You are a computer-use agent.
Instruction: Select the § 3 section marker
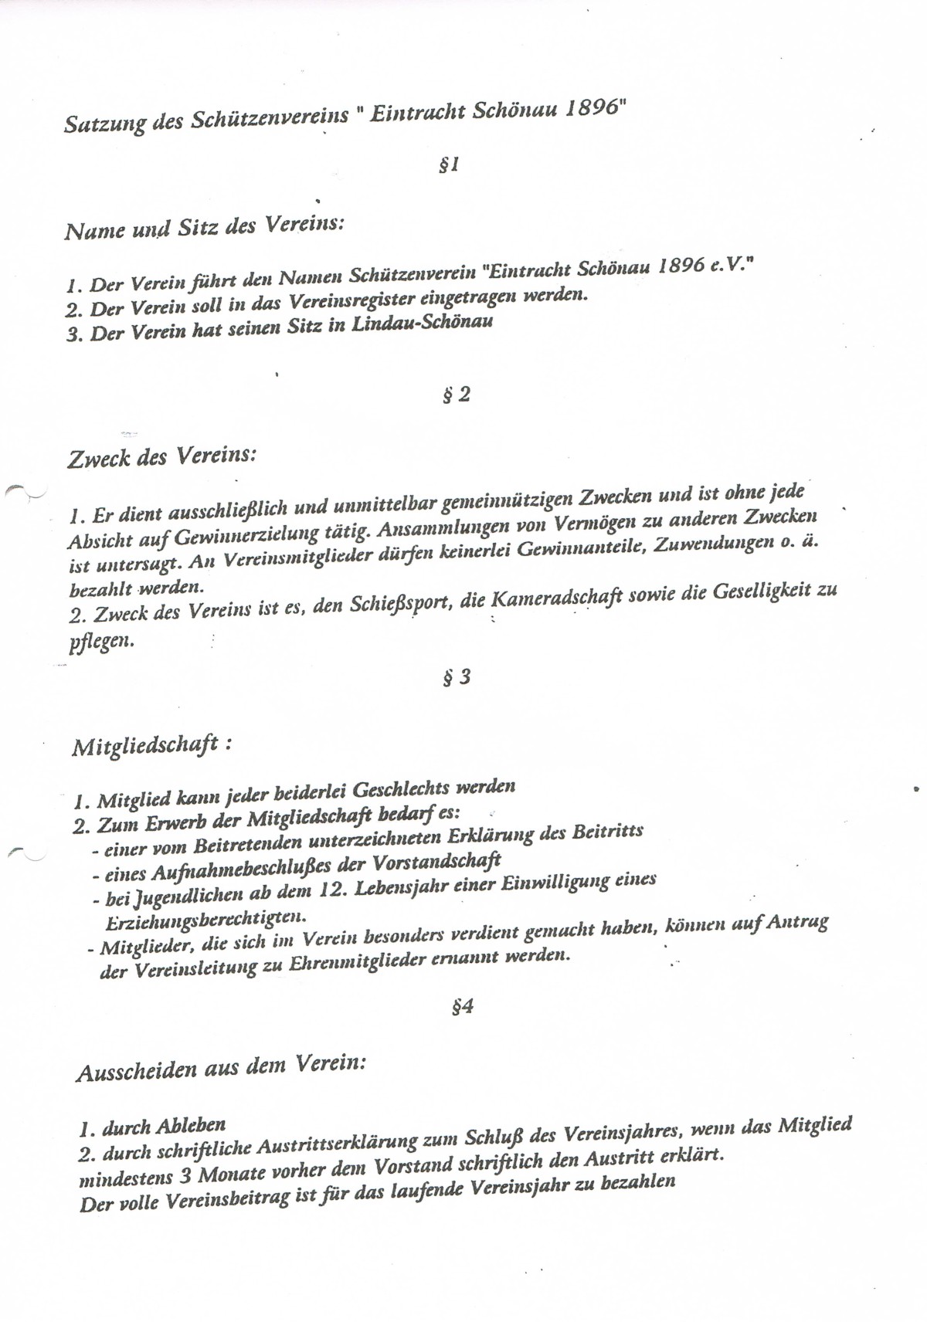(x=456, y=679)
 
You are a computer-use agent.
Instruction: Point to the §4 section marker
(x=462, y=1007)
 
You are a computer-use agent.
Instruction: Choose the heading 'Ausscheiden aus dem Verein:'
(x=220, y=1069)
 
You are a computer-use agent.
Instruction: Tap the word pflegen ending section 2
(x=101, y=641)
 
